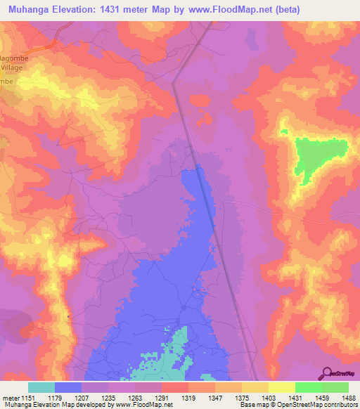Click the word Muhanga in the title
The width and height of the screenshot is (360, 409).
[32, 10]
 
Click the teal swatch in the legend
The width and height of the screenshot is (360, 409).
[41, 387]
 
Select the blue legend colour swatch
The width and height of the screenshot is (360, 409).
[68, 387]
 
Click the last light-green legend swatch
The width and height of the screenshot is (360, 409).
[335, 387]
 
